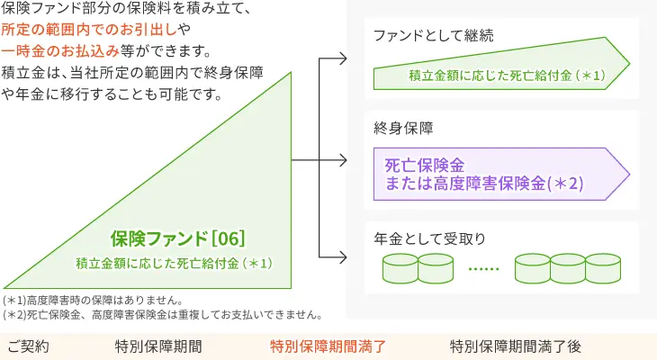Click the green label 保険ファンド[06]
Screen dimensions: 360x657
tap(178, 238)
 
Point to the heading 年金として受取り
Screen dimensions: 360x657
tap(429, 238)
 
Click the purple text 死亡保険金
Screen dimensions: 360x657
tap(424, 166)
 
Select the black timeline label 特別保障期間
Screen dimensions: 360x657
tap(157, 346)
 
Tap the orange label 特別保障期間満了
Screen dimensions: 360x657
tap(328, 346)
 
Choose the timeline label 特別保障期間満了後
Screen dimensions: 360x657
tap(517, 346)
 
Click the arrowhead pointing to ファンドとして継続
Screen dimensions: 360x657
tap(343, 60)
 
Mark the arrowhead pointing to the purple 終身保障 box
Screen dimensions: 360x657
tap(343, 162)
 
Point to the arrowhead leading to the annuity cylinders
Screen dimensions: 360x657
tap(343, 265)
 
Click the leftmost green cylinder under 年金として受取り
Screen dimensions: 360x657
tap(400, 268)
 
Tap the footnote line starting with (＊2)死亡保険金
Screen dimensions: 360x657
tap(163, 315)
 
